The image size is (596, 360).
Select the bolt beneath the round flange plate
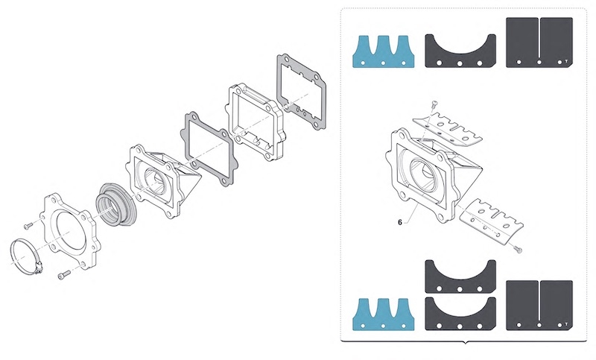63,276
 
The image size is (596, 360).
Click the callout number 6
400,221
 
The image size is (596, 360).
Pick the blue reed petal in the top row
383,51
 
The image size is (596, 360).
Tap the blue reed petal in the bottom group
383,315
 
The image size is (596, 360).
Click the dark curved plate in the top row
460,51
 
